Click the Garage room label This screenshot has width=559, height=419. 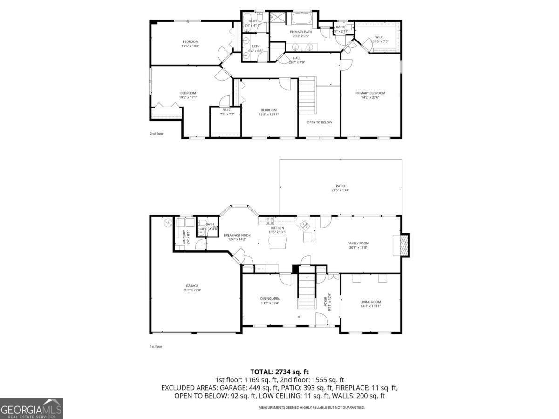[x=191, y=288]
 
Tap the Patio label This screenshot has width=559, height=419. [x=341, y=188]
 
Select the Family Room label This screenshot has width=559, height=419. [x=358, y=245]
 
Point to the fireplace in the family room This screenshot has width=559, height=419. [x=403, y=245]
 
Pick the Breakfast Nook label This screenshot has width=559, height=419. [x=237, y=237]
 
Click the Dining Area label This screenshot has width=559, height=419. [x=270, y=301]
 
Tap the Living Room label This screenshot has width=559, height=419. [x=371, y=304]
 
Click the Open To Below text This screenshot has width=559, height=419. [x=319, y=122]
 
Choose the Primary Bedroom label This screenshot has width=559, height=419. [x=370, y=95]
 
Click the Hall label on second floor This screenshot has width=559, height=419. [x=296, y=60]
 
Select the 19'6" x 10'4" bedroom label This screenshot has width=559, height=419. [x=190, y=44]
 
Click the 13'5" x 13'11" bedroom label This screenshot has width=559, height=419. [x=269, y=112]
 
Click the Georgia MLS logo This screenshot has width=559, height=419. [x=31, y=408]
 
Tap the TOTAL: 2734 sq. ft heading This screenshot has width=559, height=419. [x=279, y=372]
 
